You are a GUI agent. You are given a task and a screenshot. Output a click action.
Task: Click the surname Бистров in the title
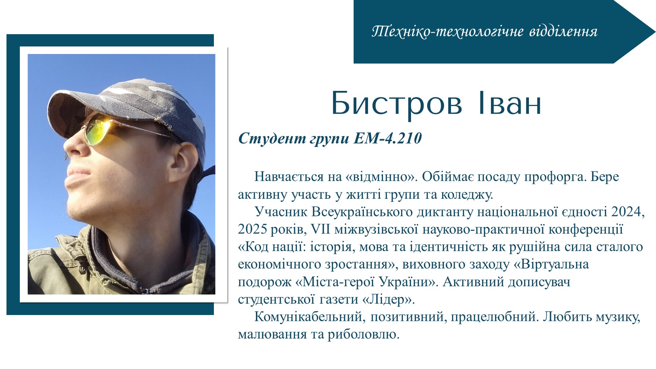click(396, 103)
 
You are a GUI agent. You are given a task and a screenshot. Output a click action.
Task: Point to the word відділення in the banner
click(563, 31)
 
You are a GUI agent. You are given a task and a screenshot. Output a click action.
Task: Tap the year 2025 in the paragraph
click(252, 230)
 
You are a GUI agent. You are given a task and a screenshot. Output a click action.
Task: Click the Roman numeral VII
click(320, 230)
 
